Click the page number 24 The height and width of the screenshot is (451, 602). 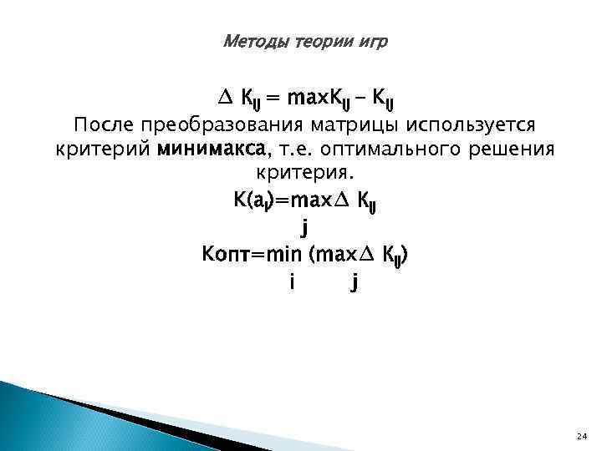click(x=582, y=437)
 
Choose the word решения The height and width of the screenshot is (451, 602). click(x=518, y=149)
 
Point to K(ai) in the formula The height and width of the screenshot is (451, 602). click(x=250, y=200)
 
